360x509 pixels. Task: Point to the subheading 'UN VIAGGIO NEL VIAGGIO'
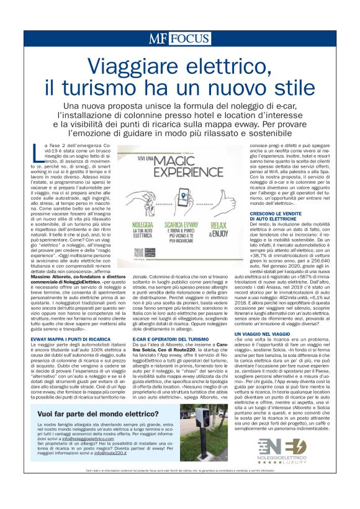pos(263,334)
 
